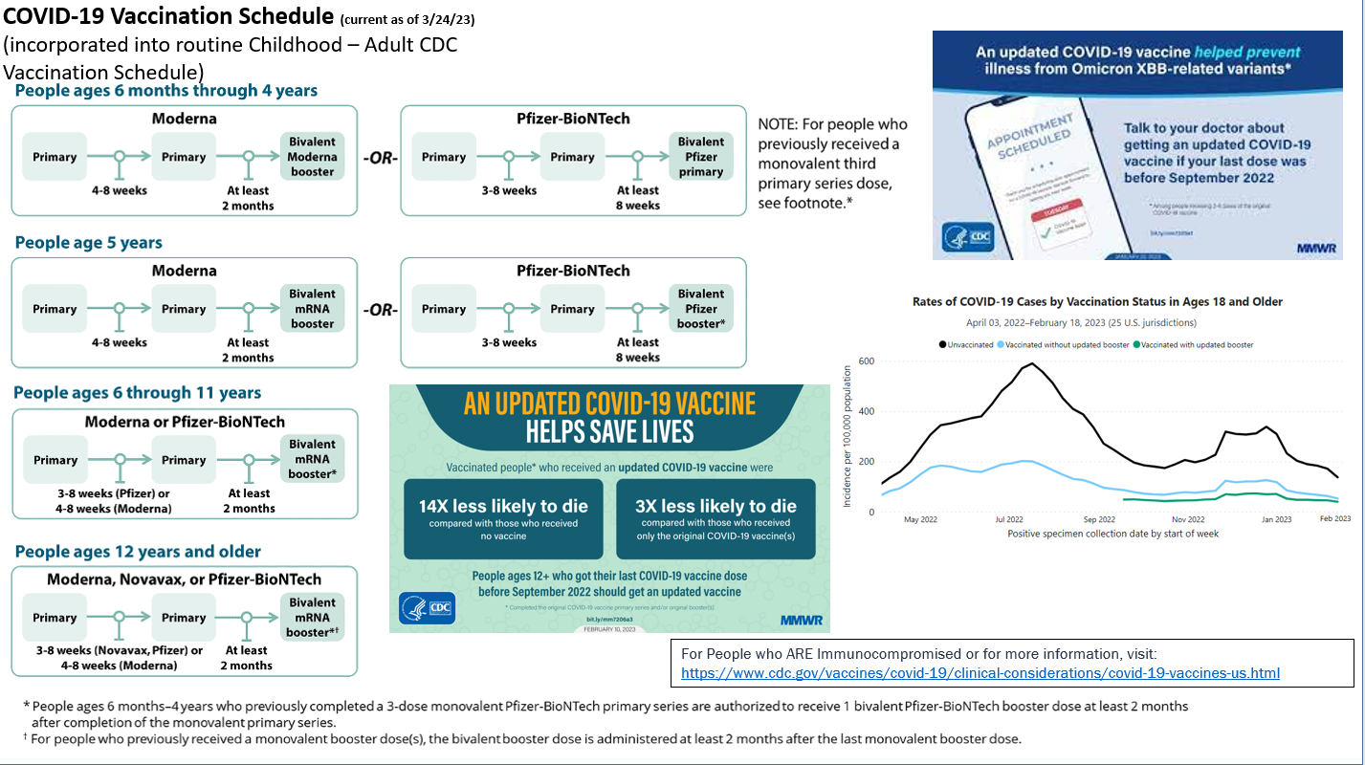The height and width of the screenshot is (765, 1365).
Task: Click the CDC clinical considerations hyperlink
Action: click(980, 673)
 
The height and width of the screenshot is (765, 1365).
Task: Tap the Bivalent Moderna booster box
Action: click(313, 157)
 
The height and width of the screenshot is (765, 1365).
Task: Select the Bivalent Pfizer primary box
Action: click(700, 157)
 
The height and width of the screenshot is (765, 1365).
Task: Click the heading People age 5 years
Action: click(89, 243)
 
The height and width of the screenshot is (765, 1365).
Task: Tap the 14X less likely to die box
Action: click(503, 518)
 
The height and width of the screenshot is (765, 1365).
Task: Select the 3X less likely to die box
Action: click(716, 518)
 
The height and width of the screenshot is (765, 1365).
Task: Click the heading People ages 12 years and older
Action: click(137, 552)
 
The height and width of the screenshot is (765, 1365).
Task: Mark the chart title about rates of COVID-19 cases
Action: click(1098, 302)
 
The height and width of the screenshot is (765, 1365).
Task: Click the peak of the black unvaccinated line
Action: click(1031, 363)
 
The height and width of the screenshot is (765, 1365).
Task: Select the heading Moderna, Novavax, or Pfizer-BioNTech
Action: click(184, 579)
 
